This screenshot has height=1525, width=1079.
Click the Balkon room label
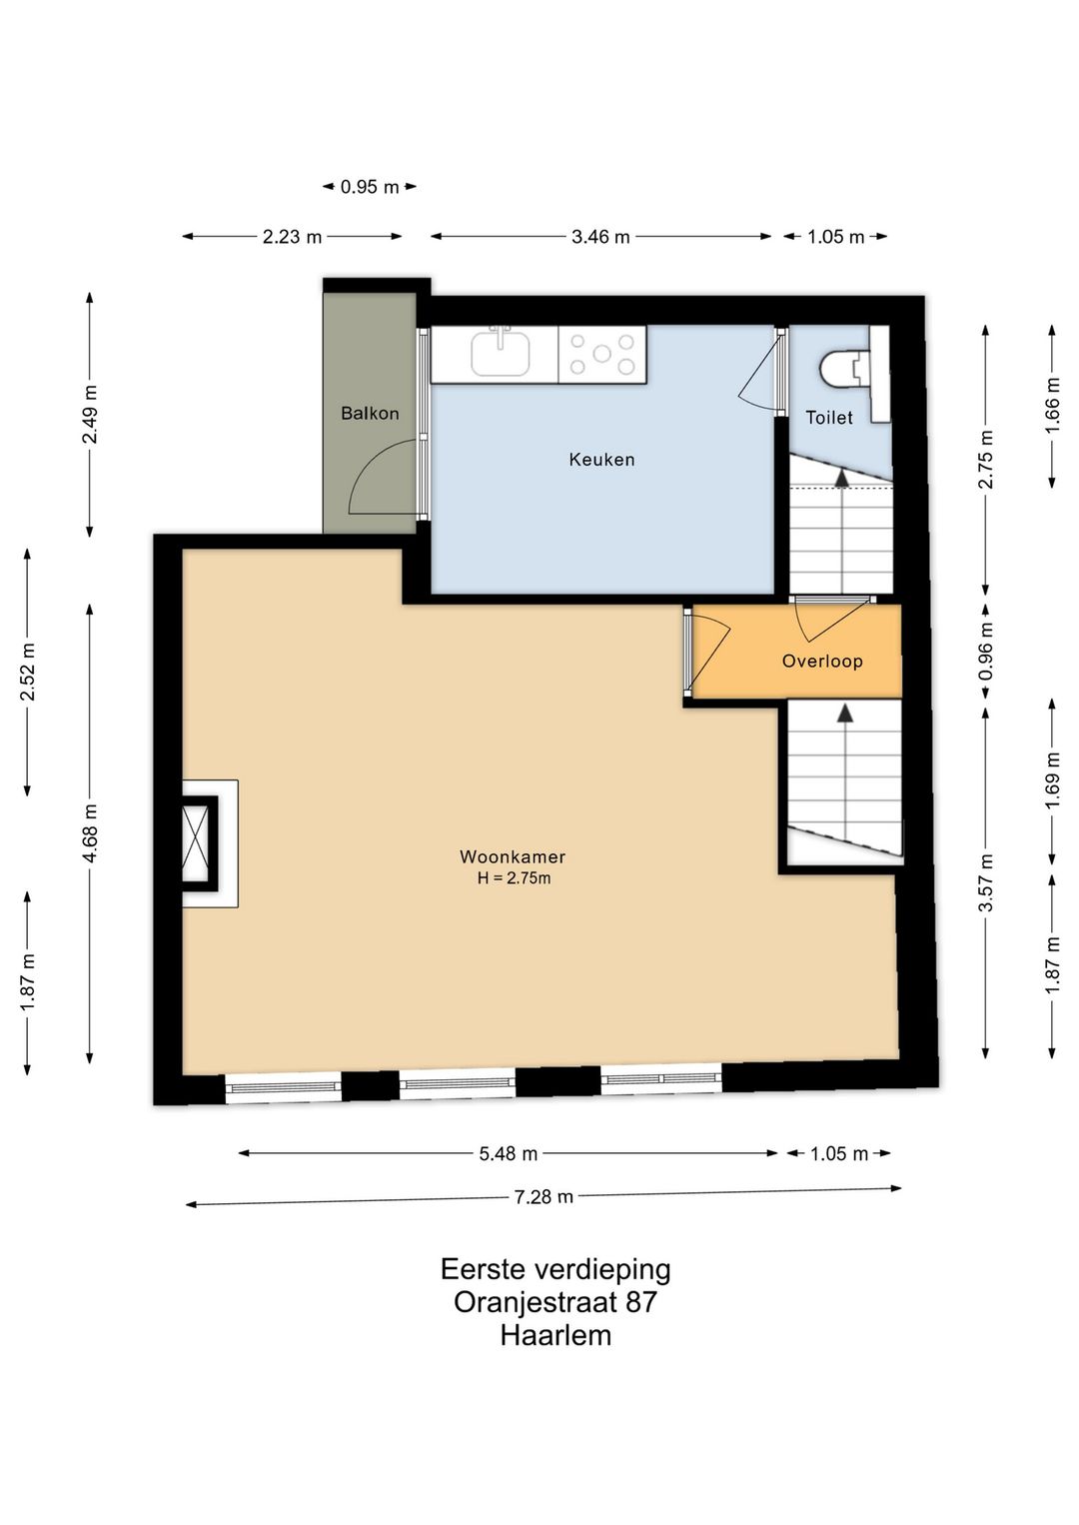tap(370, 414)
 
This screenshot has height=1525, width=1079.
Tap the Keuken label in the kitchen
tap(601, 460)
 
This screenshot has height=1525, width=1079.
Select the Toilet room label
tap(829, 418)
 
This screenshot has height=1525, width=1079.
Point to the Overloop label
tap(822, 661)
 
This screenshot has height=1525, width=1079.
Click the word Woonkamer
tap(513, 856)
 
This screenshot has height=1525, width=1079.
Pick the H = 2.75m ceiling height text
tap(514, 878)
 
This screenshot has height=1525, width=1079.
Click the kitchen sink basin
tap(501, 354)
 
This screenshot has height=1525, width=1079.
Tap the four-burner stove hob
tap(601, 354)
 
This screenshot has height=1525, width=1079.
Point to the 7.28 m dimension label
tap(543, 1196)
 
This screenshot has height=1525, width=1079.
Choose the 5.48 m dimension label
tap(508, 1153)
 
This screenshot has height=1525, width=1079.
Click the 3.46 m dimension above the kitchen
tap(600, 237)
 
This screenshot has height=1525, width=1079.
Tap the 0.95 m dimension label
tap(370, 187)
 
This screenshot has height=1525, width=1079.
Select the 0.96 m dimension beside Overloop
tap(986, 652)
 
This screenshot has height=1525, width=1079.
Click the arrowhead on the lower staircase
tap(845, 713)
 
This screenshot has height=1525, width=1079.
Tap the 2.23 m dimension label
tap(292, 237)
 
